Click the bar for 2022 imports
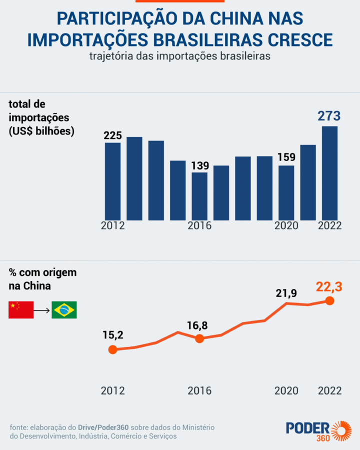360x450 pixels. point(329,172)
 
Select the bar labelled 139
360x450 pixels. point(199,196)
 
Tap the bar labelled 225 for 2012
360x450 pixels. point(112,181)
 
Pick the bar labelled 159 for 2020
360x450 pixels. point(286,192)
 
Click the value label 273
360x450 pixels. point(329,116)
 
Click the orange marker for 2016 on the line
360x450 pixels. point(199,338)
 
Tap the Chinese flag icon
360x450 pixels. point(21,310)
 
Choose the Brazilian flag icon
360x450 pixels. point(64,310)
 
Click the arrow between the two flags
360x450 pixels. point(42,310)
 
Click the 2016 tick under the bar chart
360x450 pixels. point(199,225)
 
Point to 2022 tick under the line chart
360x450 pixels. point(329,390)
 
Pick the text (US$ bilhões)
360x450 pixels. point(41,131)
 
